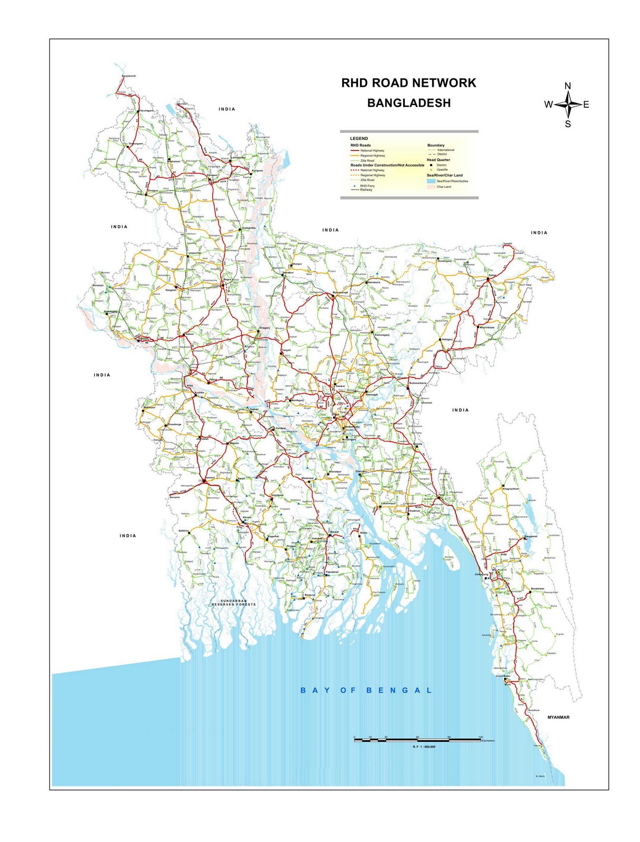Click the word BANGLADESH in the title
point(409,103)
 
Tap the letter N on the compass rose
point(567,86)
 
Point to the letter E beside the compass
point(586,105)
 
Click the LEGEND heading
point(359,138)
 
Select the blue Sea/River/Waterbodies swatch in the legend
point(431,181)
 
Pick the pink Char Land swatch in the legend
point(431,187)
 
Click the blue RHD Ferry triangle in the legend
point(355,186)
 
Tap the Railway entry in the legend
point(366,189)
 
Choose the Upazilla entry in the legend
point(442,169)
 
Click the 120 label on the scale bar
point(481,737)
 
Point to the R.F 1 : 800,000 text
point(424,746)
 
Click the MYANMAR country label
point(558,717)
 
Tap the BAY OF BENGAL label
point(366,690)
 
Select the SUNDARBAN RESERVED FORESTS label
point(234,603)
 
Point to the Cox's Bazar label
point(503,676)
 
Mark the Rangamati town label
point(531,536)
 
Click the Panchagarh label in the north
point(146,111)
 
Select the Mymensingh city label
point(341,292)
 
